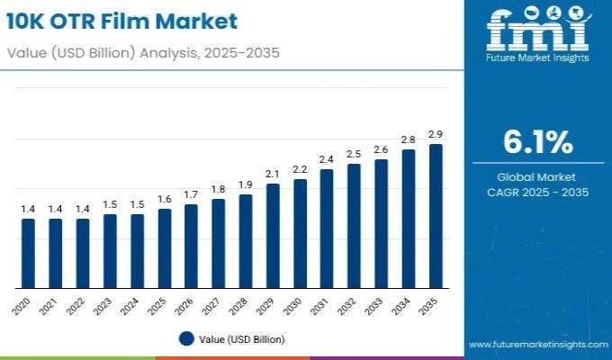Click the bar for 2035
(436, 216)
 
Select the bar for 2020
(29, 253)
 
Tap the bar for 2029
(273, 236)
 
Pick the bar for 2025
(164, 247)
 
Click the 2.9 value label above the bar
(436, 134)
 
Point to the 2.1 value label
(273, 174)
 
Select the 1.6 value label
(164, 199)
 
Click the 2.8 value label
(409, 139)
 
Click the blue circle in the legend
(186, 339)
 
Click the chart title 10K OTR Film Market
(123, 21)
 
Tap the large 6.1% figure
(537, 142)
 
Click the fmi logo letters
(537, 29)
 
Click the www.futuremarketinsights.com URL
(537, 345)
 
